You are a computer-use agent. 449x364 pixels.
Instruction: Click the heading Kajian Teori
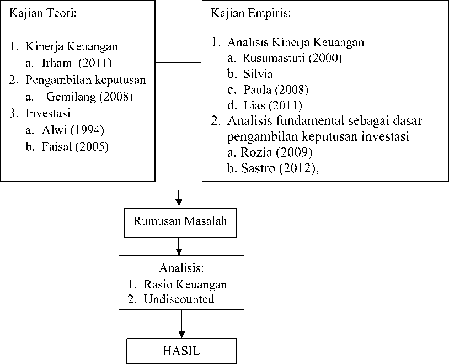point(43,13)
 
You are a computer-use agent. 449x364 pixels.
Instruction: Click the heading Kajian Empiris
point(251,13)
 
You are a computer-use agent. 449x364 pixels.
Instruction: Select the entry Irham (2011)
point(77,63)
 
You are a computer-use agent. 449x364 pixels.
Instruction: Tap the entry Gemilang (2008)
point(89,97)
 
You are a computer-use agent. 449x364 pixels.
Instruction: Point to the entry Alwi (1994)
point(73,130)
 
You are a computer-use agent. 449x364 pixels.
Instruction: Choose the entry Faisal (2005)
point(76,147)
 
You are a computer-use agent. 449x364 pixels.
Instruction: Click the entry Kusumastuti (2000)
point(293,58)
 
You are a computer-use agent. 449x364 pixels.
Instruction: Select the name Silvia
point(258,74)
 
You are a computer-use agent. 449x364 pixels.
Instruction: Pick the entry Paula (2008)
point(276,90)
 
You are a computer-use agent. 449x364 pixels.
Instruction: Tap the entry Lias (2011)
point(273,105)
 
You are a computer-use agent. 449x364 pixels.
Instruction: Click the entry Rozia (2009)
point(276,152)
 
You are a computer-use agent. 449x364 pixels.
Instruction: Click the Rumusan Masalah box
point(180,223)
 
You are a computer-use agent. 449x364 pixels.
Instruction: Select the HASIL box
point(181,351)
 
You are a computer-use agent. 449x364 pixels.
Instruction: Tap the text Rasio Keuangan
point(185,284)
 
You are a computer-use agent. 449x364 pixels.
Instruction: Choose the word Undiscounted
point(179,299)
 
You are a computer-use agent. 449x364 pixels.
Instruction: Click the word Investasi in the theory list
point(48,113)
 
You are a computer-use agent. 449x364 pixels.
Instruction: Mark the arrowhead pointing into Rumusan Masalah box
point(179,203)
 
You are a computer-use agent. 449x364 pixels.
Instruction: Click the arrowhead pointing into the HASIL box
point(181,335)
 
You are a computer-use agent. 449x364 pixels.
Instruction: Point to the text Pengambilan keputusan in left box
point(85,80)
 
